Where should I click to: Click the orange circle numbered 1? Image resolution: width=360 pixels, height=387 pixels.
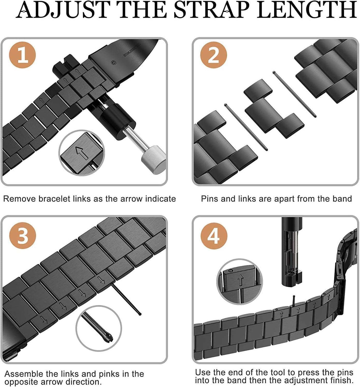click(22, 55)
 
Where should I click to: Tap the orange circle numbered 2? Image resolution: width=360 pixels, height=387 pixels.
click(214, 55)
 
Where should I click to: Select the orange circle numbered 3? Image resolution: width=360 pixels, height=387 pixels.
click(23, 236)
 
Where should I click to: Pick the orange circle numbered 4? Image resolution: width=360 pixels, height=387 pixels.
click(214, 236)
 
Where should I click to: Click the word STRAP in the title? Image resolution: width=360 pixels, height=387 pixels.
click(211, 10)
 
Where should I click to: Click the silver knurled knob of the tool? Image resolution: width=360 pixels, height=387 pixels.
click(153, 160)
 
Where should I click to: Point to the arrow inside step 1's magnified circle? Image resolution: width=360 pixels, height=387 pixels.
click(82, 153)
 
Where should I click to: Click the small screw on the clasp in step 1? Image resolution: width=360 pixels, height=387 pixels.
click(114, 63)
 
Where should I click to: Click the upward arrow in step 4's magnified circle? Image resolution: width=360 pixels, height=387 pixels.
click(241, 280)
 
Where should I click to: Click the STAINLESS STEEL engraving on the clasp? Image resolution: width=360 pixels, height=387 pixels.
click(132, 50)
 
